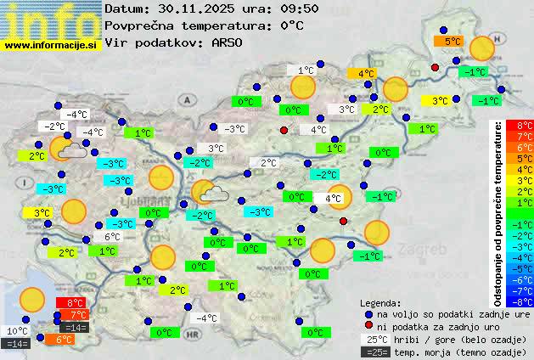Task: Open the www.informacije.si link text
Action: point(51,46)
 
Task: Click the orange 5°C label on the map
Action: point(447,40)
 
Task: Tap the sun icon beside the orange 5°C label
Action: point(482,48)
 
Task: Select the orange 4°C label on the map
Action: point(366,74)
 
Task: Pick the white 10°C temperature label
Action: point(18,331)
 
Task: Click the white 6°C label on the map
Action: point(112,237)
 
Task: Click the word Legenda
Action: point(381,302)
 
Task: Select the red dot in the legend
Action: point(369,326)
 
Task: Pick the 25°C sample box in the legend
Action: point(375,339)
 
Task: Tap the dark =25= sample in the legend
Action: point(375,352)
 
